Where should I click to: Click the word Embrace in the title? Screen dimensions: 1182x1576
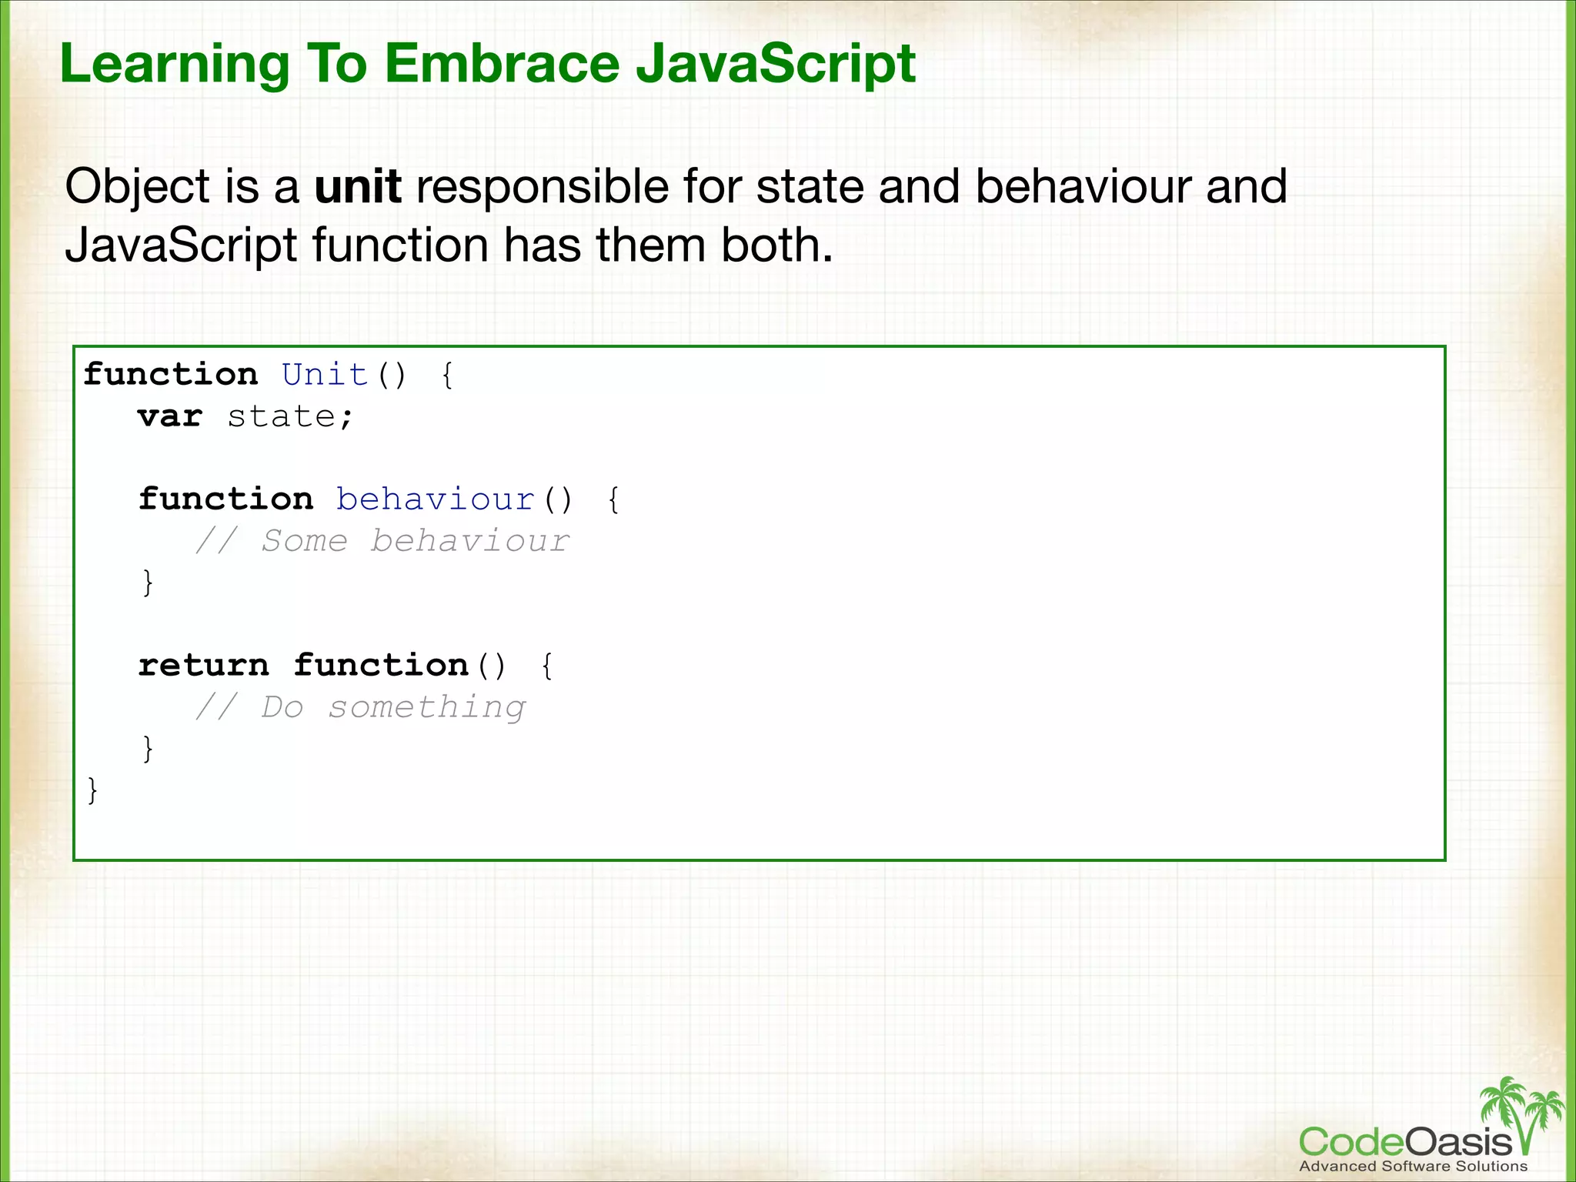(x=501, y=63)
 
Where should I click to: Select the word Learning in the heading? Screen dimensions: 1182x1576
(x=175, y=65)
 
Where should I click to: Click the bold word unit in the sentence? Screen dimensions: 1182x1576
(x=358, y=187)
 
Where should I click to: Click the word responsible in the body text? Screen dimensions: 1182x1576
(x=542, y=187)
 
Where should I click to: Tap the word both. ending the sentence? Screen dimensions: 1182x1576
(x=776, y=245)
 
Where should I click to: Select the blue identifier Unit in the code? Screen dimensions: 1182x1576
(x=324, y=375)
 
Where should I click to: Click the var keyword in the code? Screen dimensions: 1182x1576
(x=170, y=417)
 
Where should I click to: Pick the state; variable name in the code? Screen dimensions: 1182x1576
(x=290, y=417)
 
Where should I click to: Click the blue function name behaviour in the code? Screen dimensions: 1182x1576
(x=435, y=499)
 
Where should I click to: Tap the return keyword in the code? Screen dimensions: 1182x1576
(x=204, y=666)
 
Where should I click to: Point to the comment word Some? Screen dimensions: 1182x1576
(x=305, y=541)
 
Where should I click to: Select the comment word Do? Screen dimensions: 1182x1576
(x=282, y=707)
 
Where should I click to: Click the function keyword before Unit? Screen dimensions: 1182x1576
(x=170, y=375)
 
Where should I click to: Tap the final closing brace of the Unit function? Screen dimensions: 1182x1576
(x=92, y=790)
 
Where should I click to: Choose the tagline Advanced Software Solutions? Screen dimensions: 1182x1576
(x=1413, y=1166)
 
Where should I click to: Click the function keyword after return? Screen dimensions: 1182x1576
(x=381, y=666)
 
